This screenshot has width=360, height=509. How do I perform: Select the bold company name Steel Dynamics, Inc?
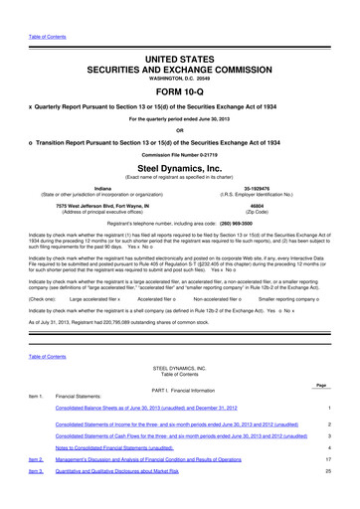179,171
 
